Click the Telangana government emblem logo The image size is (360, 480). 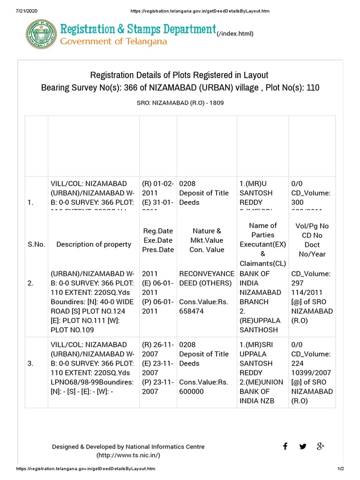pyautogui.click(x=40, y=34)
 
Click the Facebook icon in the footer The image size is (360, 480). pyautogui.click(x=285, y=446)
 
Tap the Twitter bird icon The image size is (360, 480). pyautogui.click(x=303, y=446)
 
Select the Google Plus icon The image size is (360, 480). pyautogui.click(x=321, y=446)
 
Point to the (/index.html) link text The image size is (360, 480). pyautogui.click(x=234, y=34)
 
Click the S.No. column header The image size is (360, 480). pyautogui.click(x=37, y=244)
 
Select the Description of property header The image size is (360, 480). pyautogui.click(x=94, y=244)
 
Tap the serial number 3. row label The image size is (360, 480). pyautogui.click(x=31, y=363)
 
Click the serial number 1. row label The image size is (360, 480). pyautogui.click(x=31, y=202)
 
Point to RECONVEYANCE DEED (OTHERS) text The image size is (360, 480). pyautogui.click(x=206, y=278)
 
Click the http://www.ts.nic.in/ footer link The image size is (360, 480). pyautogui.click(x=128, y=455)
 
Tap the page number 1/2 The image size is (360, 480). pyautogui.click(x=341, y=469)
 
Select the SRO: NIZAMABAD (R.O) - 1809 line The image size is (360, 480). pyautogui.click(x=180, y=102)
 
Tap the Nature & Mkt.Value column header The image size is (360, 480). pyautogui.click(x=207, y=240)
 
